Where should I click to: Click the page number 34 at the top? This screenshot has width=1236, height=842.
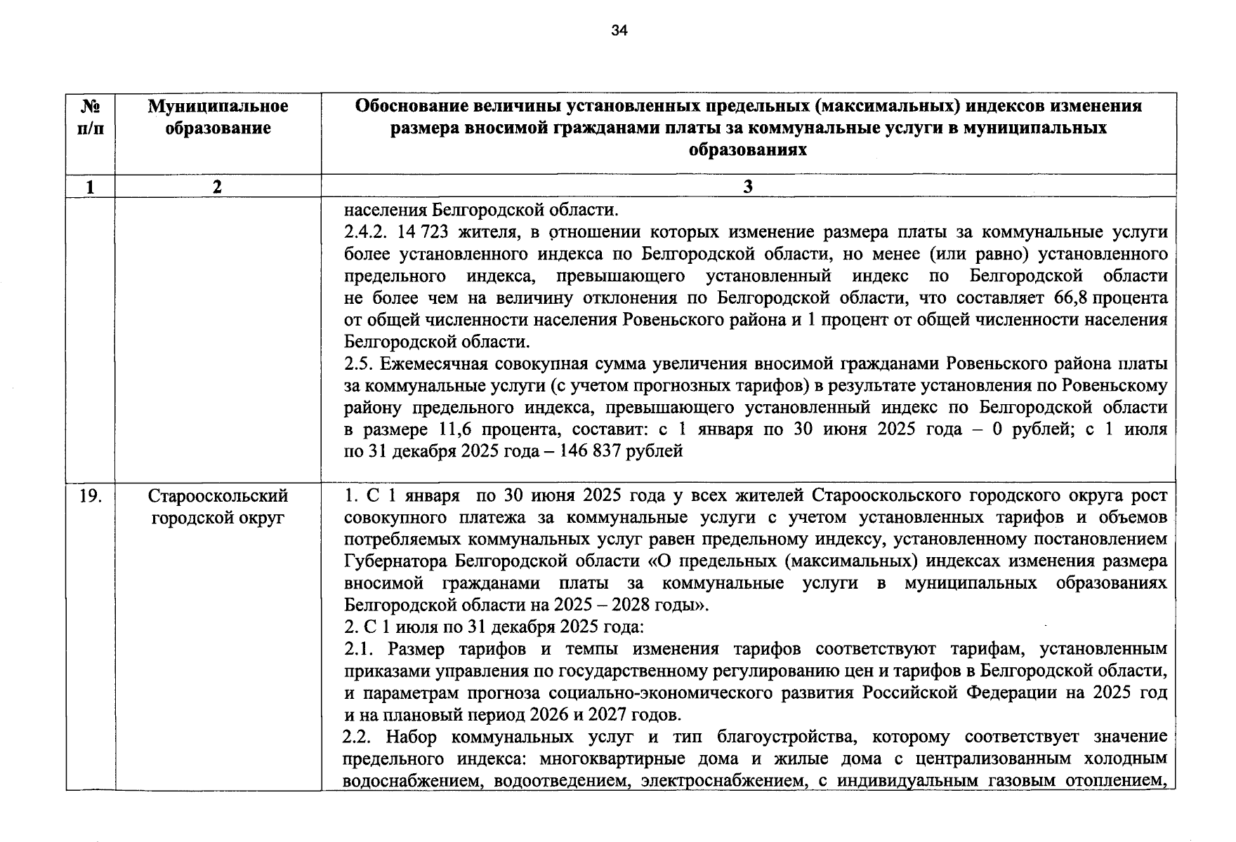[619, 30]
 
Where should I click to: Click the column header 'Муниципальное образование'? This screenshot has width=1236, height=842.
[218, 117]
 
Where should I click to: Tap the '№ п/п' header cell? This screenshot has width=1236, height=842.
[91, 117]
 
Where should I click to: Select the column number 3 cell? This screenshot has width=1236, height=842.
[748, 187]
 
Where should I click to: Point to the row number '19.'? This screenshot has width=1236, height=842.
[91, 496]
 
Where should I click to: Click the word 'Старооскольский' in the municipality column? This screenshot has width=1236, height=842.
[218, 496]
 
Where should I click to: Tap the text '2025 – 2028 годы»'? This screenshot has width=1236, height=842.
[631, 606]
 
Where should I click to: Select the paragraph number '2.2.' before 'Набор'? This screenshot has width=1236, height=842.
[358, 737]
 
